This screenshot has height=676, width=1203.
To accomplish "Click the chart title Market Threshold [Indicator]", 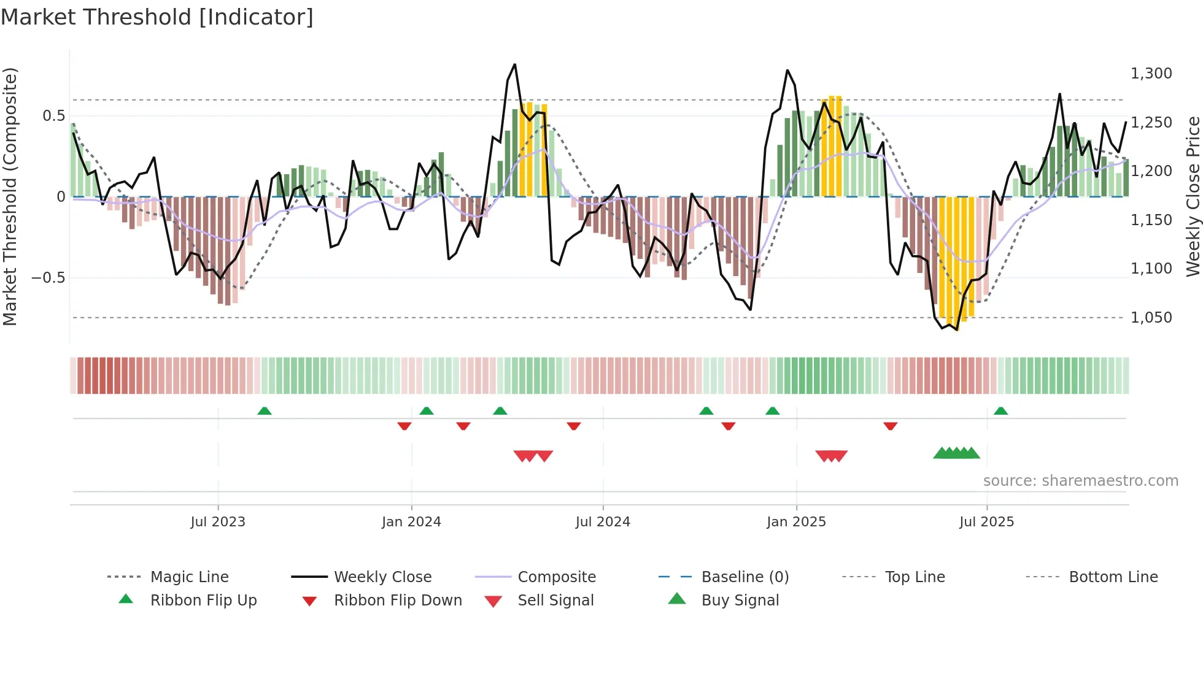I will [157, 17].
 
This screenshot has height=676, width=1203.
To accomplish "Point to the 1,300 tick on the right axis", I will [1151, 74].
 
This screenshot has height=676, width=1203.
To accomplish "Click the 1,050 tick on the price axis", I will [1151, 318].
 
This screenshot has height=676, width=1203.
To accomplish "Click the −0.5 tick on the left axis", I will [48, 278].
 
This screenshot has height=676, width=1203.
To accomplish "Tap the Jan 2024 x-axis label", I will [411, 522].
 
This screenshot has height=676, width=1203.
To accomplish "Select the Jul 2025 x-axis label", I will [986, 522].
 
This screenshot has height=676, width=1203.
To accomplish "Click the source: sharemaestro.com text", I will [1080, 481].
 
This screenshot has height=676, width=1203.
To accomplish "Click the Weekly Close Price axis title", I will [1193, 196].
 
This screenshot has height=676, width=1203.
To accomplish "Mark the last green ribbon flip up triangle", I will [1000, 411].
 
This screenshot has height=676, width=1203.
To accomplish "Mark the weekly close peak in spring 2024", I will [514, 64].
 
